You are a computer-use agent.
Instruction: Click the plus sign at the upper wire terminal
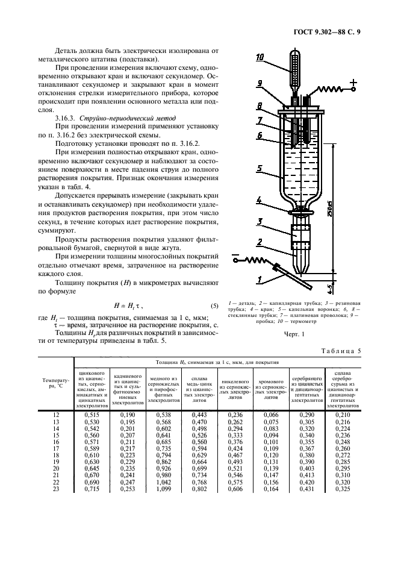pyautogui.click(x=353, y=82)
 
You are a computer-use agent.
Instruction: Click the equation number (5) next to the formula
pyautogui.click(x=213, y=306)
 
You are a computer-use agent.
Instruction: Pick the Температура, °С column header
pyautogui.click(x=55, y=383)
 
